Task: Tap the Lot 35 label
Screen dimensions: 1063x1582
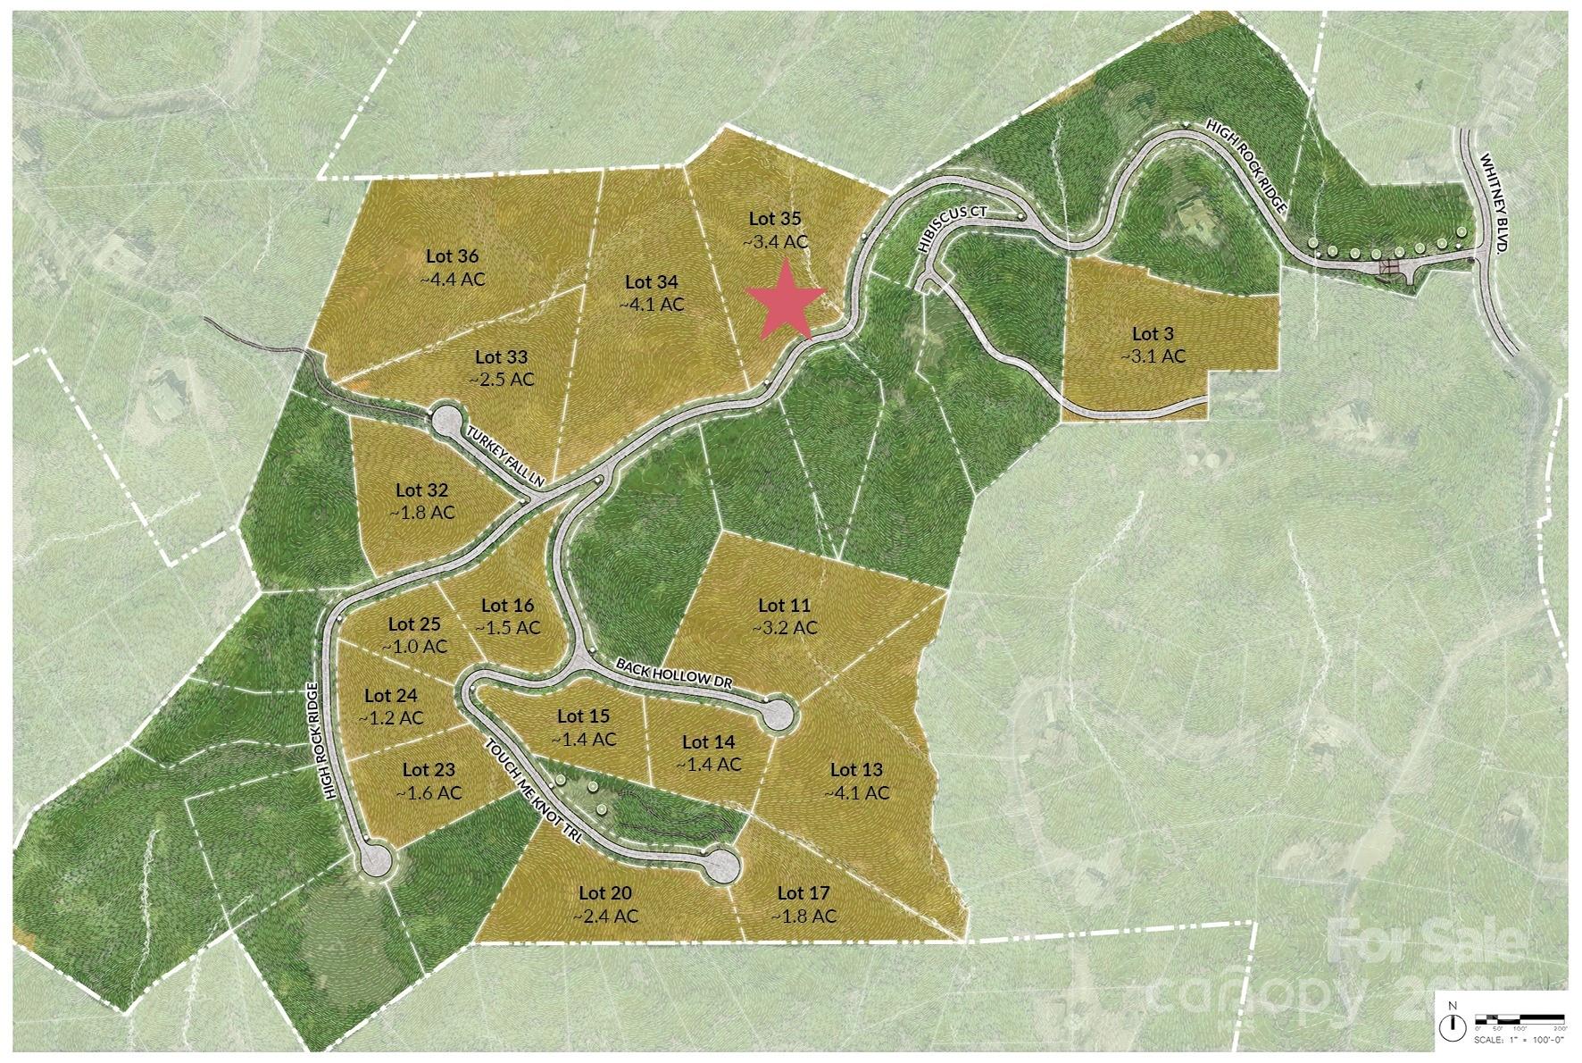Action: coord(774,218)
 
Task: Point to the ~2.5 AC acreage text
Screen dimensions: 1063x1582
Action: coord(501,379)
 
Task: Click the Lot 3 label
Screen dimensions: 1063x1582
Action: coord(1153,333)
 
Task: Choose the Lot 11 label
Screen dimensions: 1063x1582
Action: coord(783,606)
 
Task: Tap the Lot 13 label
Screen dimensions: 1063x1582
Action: coord(856,770)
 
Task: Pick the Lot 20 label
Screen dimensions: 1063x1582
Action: coord(604,892)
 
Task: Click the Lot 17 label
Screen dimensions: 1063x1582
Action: coord(803,892)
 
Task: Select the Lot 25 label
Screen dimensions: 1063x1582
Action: coord(414,624)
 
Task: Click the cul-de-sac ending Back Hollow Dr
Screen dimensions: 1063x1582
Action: coord(778,714)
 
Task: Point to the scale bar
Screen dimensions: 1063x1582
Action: coord(1520,1020)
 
